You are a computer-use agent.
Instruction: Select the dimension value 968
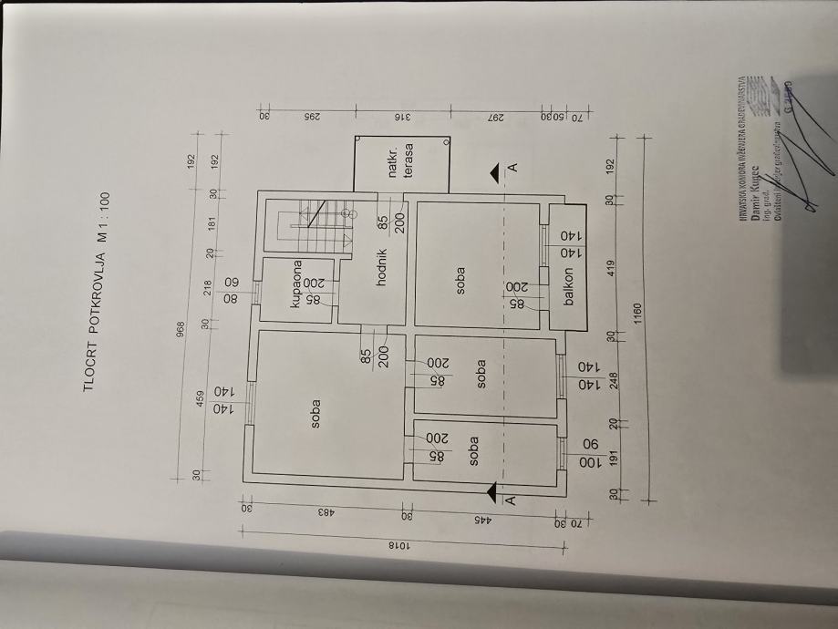point(181,326)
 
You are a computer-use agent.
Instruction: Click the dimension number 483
point(324,512)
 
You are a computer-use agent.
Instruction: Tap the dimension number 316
point(398,118)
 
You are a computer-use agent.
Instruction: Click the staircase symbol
point(311,225)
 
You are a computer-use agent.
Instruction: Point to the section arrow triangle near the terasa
point(493,170)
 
